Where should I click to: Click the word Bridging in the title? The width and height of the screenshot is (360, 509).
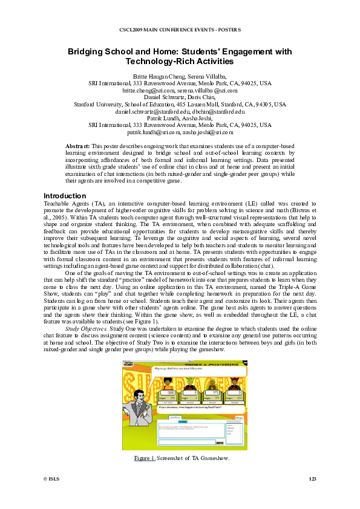click(x=88, y=52)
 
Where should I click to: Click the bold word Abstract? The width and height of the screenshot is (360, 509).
click(x=77, y=146)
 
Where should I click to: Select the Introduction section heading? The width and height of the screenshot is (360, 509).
click(x=65, y=196)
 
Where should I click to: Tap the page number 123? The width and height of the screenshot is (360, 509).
click(x=312, y=479)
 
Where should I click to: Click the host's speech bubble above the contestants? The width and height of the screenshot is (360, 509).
click(x=182, y=368)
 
